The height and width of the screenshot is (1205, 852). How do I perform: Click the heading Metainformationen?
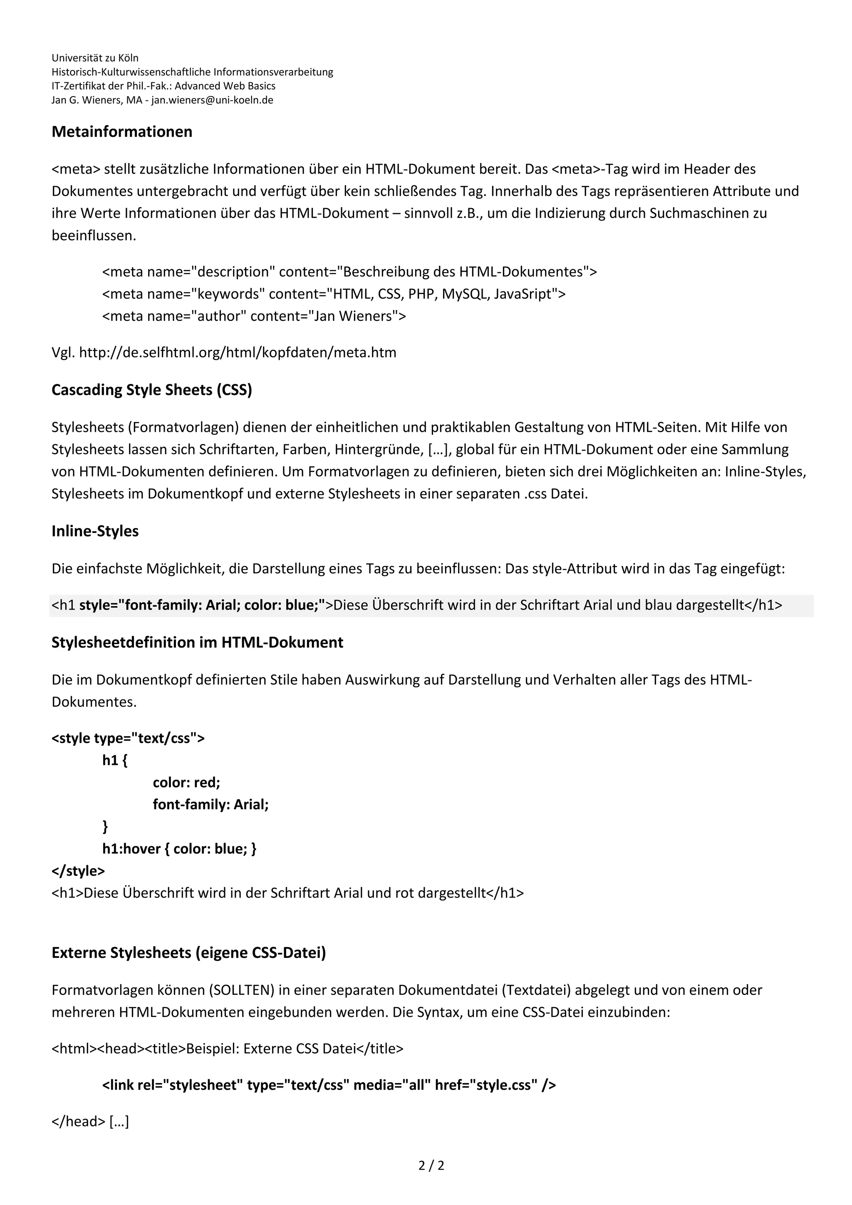tap(122, 132)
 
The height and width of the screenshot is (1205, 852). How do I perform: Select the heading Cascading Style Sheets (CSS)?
tap(151, 390)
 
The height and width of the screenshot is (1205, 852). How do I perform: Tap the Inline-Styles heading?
tap(95, 531)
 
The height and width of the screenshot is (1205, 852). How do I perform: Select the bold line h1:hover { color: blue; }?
tap(179, 849)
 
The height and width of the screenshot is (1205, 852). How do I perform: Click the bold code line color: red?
tap(186, 783)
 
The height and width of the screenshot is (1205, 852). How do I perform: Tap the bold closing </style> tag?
tap(78, 871)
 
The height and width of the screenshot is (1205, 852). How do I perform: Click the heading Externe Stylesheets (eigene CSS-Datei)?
tap(188, 952)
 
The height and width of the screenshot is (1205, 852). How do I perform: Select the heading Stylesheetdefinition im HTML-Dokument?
tap(197, 642)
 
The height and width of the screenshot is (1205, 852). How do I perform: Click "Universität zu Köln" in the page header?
tap(95, 58)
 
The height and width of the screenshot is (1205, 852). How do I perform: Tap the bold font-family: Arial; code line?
tap(211, 805)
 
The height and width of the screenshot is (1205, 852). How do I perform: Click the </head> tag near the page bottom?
tap(78, 1121)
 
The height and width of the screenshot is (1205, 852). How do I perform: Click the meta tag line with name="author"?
tap(254, 316)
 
